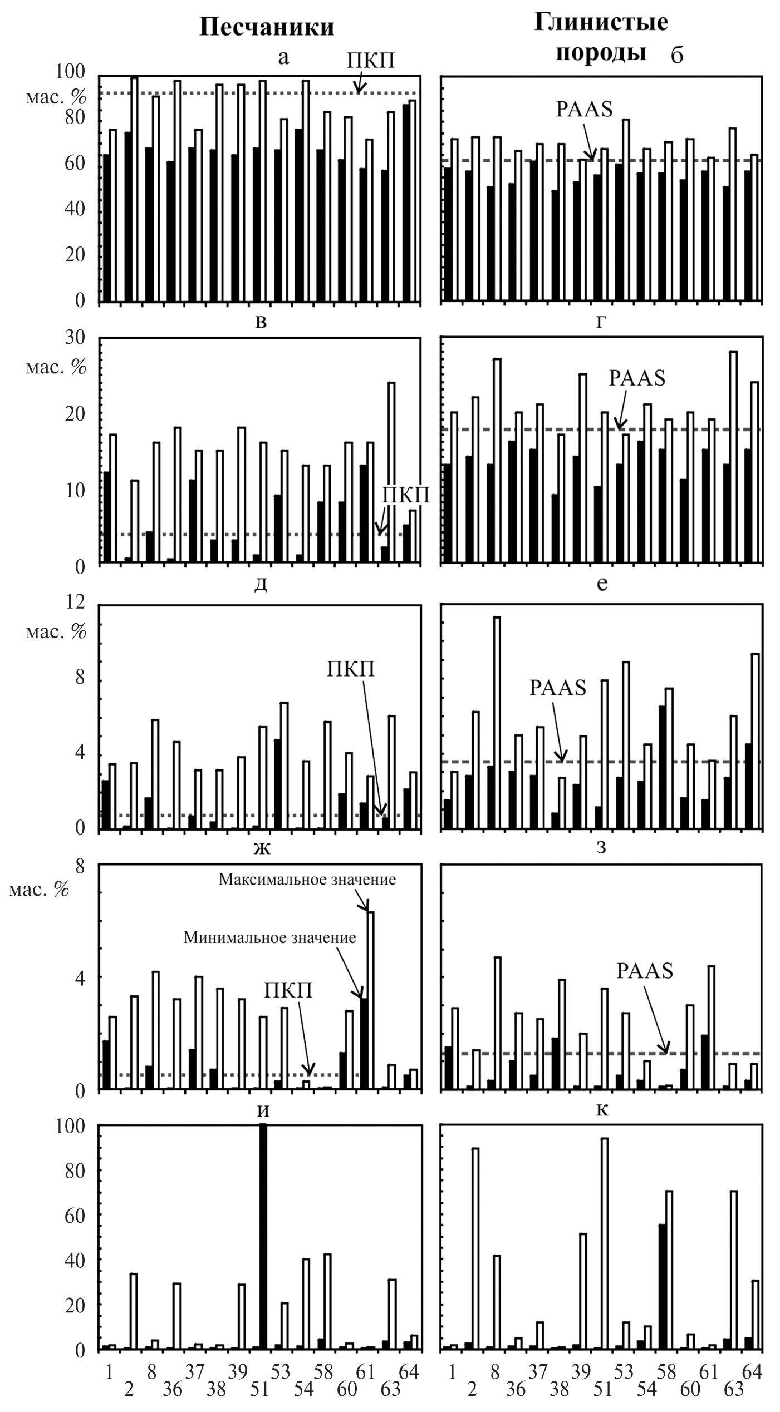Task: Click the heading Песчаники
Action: (x=267, y=27)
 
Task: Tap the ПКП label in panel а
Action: (x=371, y=60)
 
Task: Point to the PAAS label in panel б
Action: (x=584, y=109)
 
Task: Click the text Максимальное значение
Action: (x=307, y=880)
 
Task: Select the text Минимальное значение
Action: (x=269, y=937)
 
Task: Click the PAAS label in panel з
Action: (x=645, y=971)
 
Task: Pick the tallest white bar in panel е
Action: (x=497, y=723)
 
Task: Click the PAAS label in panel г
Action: (x=637, y=378)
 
